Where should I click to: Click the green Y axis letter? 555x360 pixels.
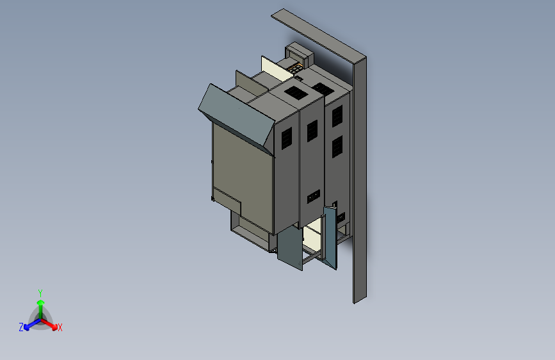coord(40,292)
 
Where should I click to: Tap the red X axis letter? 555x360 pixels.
coord(60,327)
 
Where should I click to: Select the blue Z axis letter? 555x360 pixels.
coord(21,327)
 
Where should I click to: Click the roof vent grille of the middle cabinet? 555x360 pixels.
coord(296,92)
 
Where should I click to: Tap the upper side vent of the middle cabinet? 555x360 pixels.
coord(312,131)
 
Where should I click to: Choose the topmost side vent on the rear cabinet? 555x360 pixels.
coord(336,115)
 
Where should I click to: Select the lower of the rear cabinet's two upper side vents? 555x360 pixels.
coord(336,146)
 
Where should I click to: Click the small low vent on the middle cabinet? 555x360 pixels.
coord(313,197)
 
